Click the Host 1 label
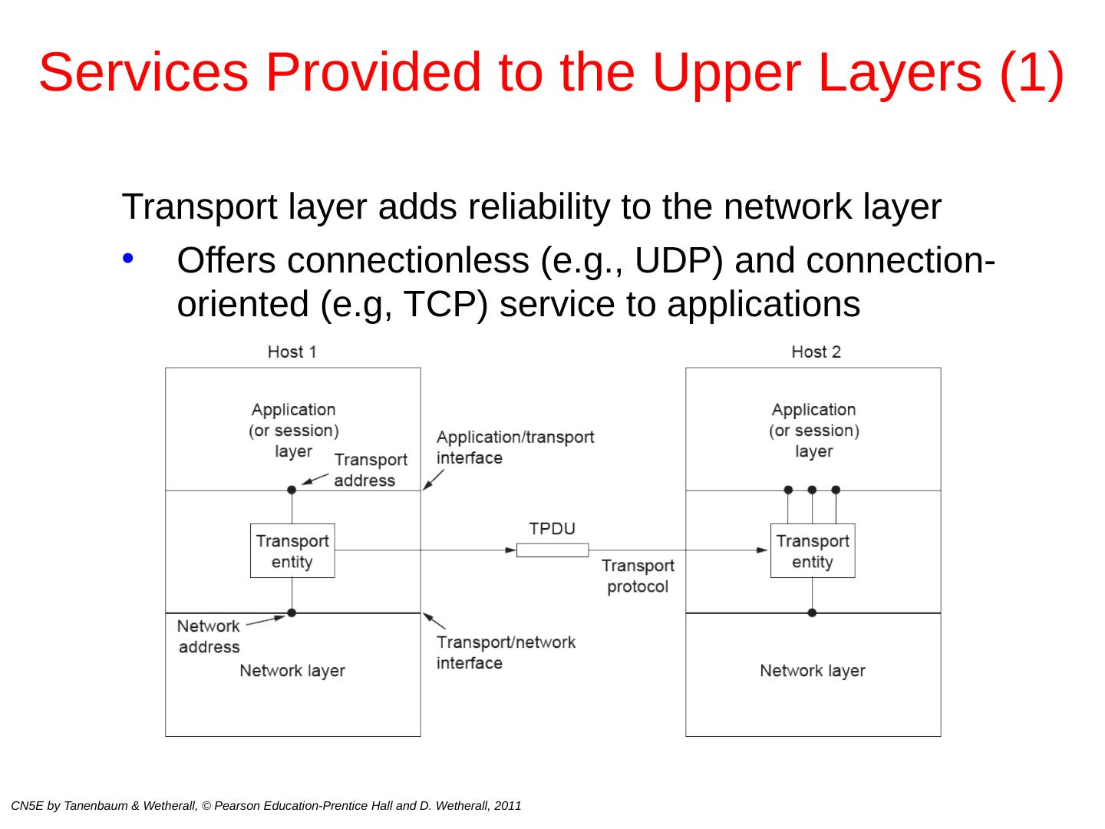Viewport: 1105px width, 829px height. (292, 352)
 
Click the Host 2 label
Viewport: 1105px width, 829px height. (816, 352)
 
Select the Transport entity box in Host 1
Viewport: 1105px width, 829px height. (292, 551)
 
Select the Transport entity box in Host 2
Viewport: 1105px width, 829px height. (813, 551)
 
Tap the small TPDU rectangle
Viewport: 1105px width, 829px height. (552, 550)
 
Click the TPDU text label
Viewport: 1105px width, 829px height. (552, 529)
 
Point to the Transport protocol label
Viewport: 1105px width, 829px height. (638, 576)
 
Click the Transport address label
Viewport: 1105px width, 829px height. (370, 470)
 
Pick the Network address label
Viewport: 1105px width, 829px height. (209, 636)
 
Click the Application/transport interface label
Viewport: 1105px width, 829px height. (515, 448)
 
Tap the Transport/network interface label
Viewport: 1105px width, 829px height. (506, 652)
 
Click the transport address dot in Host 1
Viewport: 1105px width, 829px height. (292, 490)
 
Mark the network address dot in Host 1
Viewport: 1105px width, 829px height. (292, 613)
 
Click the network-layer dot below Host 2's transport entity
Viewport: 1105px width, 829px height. (813, 613)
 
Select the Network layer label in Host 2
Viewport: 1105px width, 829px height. (813, 671)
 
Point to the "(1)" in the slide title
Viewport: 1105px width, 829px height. (1032, 72)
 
